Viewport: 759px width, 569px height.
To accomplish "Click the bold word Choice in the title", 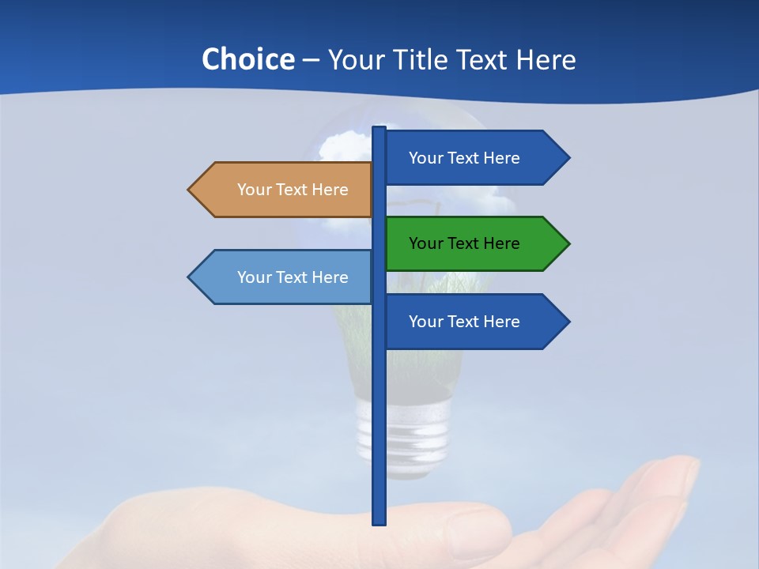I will (247, 59).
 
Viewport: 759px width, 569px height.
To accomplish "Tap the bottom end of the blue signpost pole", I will (379, 522).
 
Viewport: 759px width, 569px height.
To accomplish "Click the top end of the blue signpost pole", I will (379, 129).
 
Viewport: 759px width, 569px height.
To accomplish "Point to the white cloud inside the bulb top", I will (344, 146).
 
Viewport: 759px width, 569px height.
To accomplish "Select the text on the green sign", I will (464, 243).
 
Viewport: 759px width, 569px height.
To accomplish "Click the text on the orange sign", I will (293, 190).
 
